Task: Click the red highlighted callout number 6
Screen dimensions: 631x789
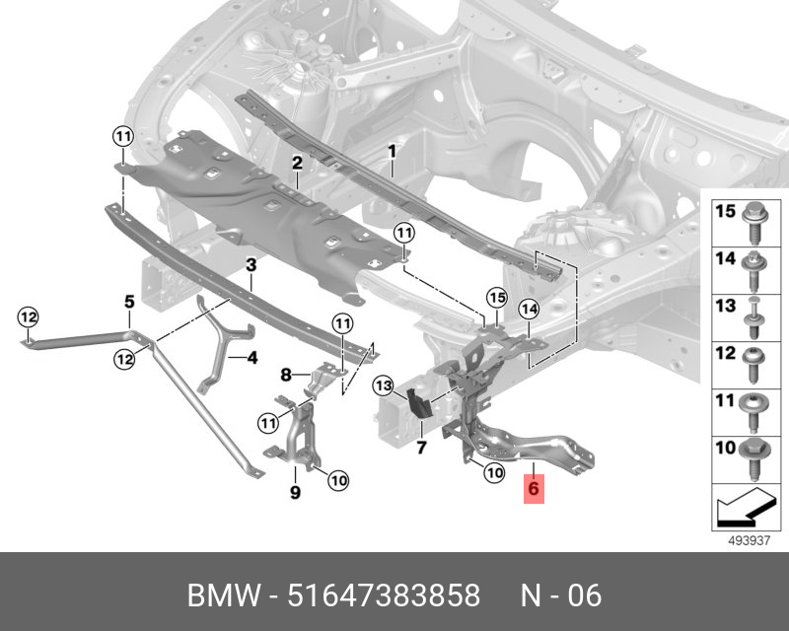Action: point(534,488)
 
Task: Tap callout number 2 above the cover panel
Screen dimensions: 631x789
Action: point(296,163)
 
